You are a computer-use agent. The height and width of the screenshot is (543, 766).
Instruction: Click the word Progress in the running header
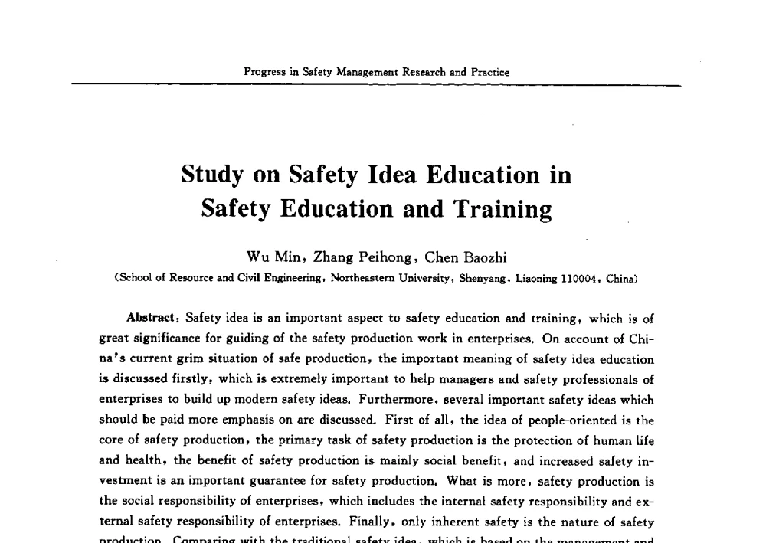(x=261, y=72)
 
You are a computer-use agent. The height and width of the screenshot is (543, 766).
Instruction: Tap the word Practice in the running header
(x=489, y=72)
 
